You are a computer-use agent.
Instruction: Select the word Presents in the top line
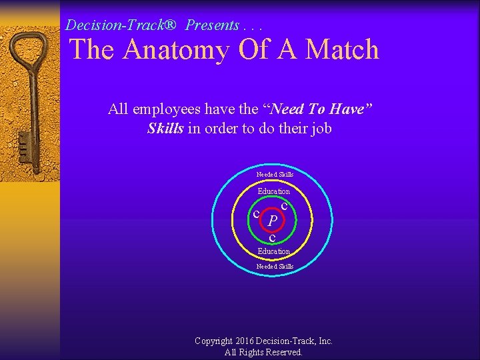pyautogui.click(x=212, y=25)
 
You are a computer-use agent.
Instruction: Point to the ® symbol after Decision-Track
pyautogui.click(x=170, y=25)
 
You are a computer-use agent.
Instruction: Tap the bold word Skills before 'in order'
pyautogui.click(x=165, y=128)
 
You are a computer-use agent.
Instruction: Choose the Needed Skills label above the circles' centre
pyautogui.click(x=275, y=175)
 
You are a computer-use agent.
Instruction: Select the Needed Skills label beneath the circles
pyautogui.click(x=275, y=267)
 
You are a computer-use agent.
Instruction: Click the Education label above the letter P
pyautogui.click(x=274, y=191)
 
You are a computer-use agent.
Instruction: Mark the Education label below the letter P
pyautogui.click(x=274, y=251)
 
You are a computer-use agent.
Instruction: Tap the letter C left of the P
pyautogui.click(x=256, y=213)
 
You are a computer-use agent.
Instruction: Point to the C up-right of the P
pyautogui.click(x=285, y=207)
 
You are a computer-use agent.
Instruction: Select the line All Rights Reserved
pyautogui.click(x=263, y=352)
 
